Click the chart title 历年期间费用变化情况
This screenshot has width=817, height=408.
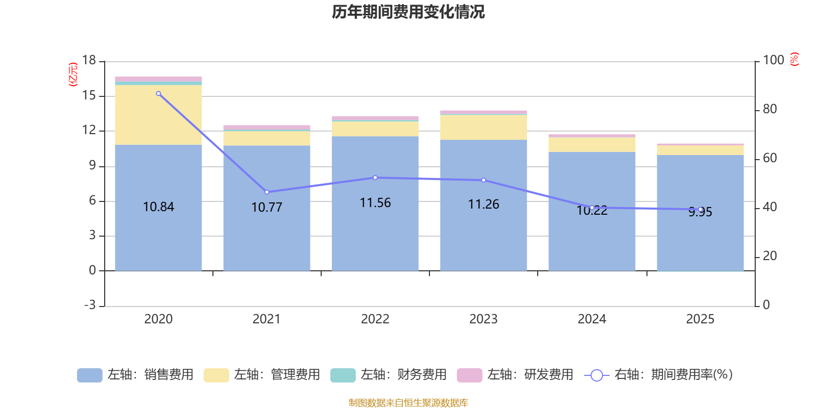(x=408, y=12)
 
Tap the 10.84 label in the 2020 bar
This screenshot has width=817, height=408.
(x=158, y=207)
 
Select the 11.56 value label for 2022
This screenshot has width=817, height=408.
(x=375, y=203)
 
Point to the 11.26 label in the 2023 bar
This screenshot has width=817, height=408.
(x=484, y=205)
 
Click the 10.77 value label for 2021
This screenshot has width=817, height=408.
(x=267, y=208)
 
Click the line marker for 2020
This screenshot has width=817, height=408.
(x=158, y=94)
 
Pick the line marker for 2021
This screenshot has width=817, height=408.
(x=267, y=192)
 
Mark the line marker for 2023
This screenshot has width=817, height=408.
(x=484, y=180)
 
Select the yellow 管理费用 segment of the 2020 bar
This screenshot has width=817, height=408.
(x=158, y=115)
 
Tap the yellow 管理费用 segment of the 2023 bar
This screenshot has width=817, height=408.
(x=484, y=127)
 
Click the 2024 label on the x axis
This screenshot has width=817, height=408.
(x=592, y=319)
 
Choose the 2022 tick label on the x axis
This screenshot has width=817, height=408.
(x=375, y=319)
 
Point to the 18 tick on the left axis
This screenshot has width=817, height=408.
(x=89, y=60)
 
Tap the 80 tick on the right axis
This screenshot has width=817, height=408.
(x=770, y=109)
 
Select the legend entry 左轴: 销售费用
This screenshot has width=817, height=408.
(x=135, y=375)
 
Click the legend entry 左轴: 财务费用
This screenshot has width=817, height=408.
(x=389, y=375)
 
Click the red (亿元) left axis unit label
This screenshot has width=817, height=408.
(x=73, y=74)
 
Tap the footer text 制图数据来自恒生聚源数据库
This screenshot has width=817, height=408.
(x=408, y=403)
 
